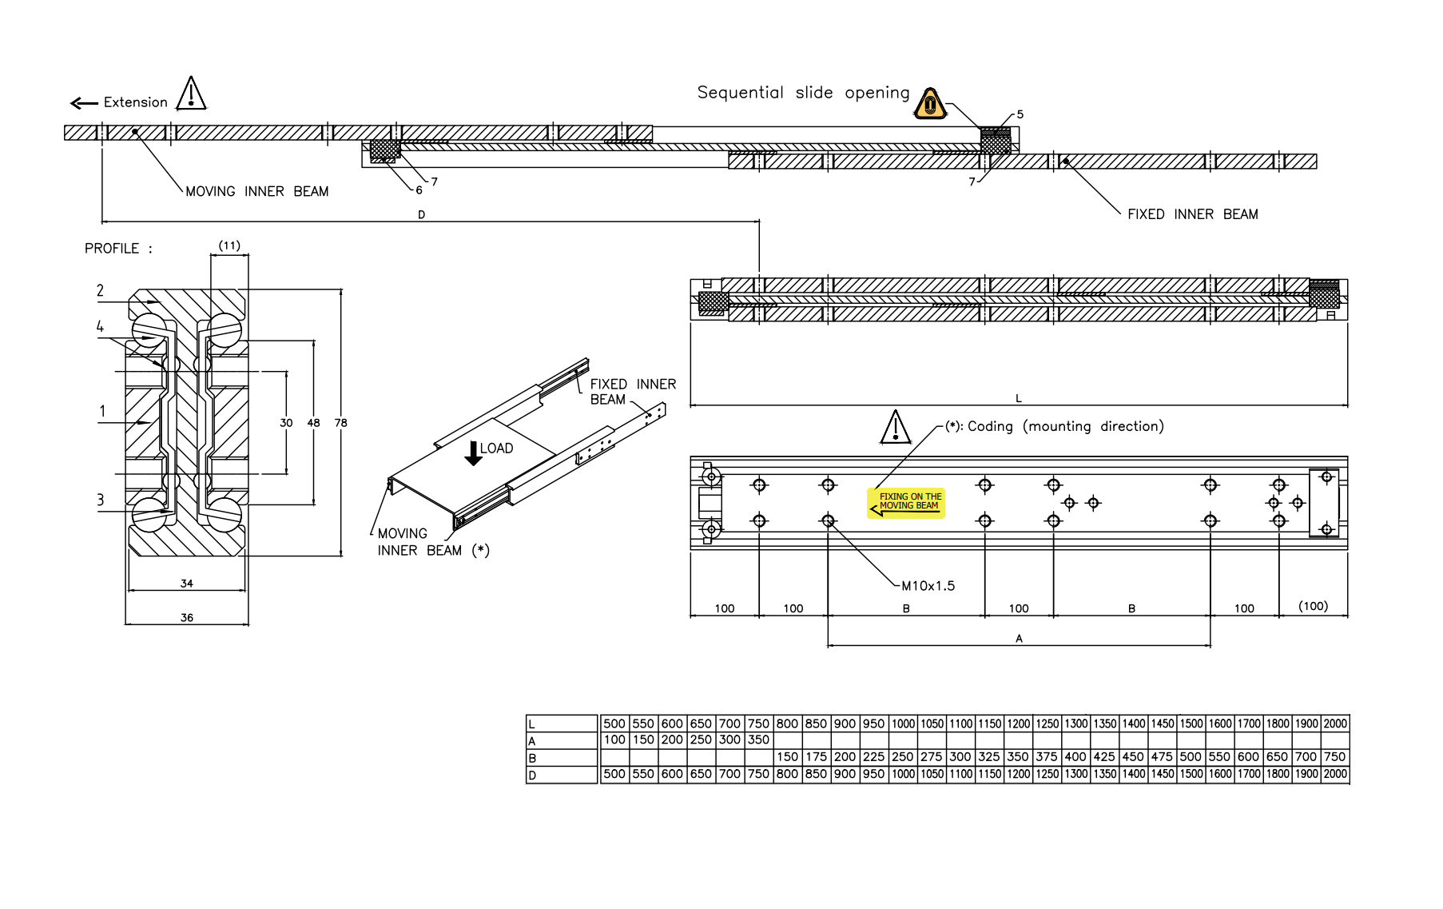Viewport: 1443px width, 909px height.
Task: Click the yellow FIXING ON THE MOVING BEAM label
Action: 906,503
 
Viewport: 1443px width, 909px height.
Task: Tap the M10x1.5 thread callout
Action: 928,586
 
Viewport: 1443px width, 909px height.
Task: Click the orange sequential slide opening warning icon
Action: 930,104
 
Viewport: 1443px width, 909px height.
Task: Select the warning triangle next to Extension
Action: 191,94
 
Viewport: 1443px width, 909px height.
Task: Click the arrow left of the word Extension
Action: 84,103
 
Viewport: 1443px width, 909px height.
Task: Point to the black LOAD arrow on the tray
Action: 473,453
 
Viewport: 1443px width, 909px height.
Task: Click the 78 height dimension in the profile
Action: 341,423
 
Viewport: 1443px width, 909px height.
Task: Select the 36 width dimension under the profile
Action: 186,617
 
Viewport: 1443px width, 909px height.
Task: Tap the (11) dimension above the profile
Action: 229,245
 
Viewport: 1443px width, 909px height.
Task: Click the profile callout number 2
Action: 100,290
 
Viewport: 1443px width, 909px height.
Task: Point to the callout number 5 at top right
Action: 1020,114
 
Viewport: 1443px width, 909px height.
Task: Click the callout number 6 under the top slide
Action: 419,190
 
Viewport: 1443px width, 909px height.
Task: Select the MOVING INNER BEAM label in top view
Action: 256,192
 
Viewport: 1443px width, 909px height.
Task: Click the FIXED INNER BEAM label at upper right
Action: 1192,214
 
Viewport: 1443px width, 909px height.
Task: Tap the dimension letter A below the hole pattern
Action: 1019,638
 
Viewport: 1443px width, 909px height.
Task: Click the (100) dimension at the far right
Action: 1313,606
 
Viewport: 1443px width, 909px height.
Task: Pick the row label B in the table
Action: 532,758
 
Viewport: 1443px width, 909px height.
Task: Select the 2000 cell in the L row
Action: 1335,724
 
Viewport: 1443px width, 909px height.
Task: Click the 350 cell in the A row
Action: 758,740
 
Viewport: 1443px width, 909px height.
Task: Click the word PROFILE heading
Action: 112,249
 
